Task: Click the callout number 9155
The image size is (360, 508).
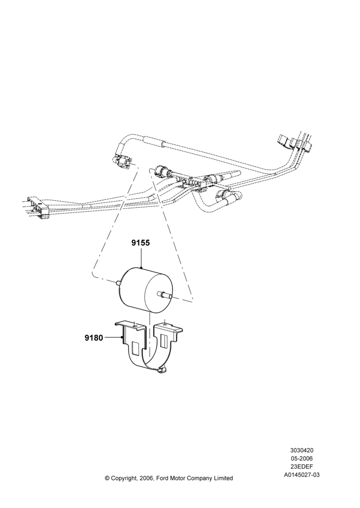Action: coord(141,243)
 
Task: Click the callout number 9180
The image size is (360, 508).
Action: coord(94,338)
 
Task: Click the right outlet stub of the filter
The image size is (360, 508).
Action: coord(165,295)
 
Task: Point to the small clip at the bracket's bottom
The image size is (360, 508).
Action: coord(162,371)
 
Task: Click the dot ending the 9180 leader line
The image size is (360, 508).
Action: coord(122,338)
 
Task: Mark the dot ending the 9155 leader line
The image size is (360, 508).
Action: coord(142,267)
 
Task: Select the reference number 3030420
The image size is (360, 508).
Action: coord(302,450)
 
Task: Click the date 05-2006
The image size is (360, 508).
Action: coord(302,458)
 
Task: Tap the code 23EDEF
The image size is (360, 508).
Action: coord(302,467)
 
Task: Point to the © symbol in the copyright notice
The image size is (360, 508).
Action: coord(107,478)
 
